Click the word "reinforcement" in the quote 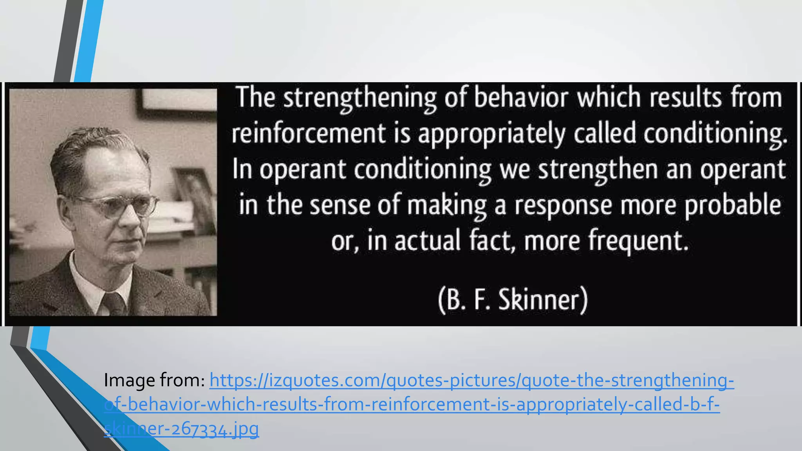pos(308,133)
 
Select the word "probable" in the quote pos(733,205)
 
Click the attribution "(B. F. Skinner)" pos(513,300)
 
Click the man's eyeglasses pos(117,205)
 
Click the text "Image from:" pos(154,380)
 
